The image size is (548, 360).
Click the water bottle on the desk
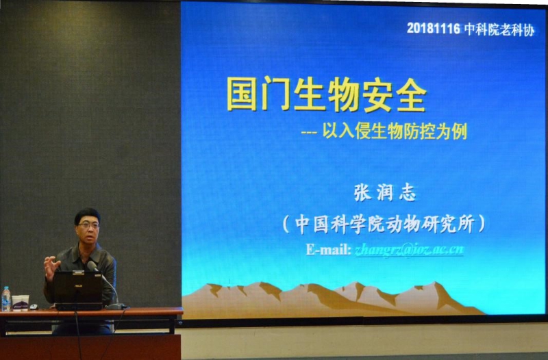pyautogui.click(x=6, y=299)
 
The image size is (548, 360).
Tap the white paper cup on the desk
pyautogui.click(x=21, y=303)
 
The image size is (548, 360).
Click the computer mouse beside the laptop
pyautogui.click(x=34, y=307)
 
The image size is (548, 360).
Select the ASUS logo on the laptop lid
pyautogui.click(x=77, y=285)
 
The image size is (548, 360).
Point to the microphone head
pyautogui.click(x=92, y=266)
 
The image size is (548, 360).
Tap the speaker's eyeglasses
pyautogui.click(x=89, y=225)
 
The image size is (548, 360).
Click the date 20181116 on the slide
pyautogui.click(x=434, y=28)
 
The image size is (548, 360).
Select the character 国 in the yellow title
pyautogui.click(x=242, y=94)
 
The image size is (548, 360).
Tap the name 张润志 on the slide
pyautogui.click(x=385, y=193)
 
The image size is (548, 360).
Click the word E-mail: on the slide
pyautogui.click(x=329, y=249)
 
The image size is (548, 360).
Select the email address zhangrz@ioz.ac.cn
pyautogui.click(x=409, y=250)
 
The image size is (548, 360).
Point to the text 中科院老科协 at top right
pyautogui.click(x=499, y=29)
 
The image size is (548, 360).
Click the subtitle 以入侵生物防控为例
pyautogui.click(x=395, y=132)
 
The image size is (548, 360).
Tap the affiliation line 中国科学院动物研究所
pyautogui.click(x=384, y=224)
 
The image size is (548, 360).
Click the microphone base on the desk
pyautogui.click(x=116, y=307)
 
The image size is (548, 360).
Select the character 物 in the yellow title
pyautogui.click(x=343, y=94)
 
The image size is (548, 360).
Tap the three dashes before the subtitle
pyautogui.click(x=309, y=133)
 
